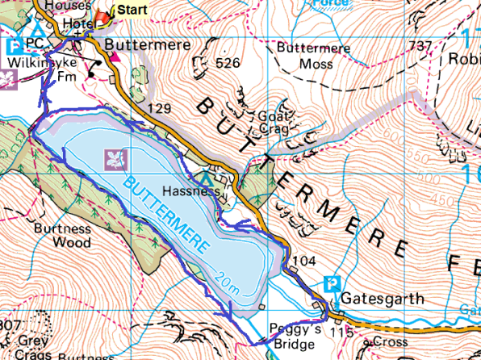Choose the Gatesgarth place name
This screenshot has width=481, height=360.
(x=382, y=299)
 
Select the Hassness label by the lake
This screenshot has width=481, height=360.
(x=188, y=193)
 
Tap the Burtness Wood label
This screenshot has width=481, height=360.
(x=61, y=234)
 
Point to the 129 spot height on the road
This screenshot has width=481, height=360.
(x=160, y=107)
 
